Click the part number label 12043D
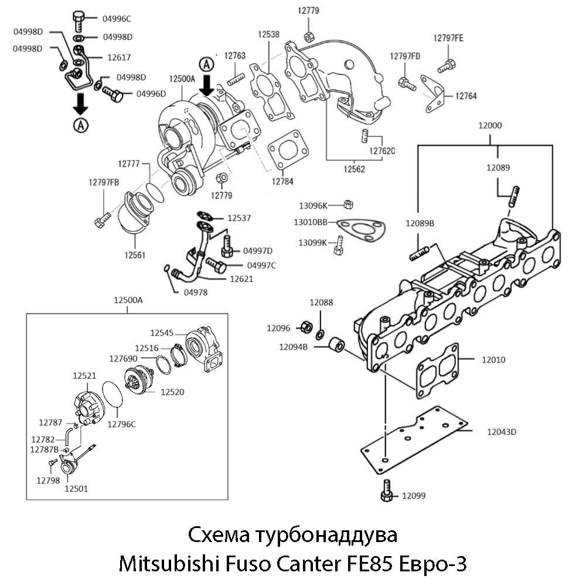[500, 432]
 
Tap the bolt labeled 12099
[386, 490]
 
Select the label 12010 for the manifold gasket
[493, 360]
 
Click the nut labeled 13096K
[347, 203]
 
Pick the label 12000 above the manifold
[489, 125]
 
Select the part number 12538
[268, 35]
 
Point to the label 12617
[119, 57]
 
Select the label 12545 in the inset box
[162, 333]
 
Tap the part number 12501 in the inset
[76, 488]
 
